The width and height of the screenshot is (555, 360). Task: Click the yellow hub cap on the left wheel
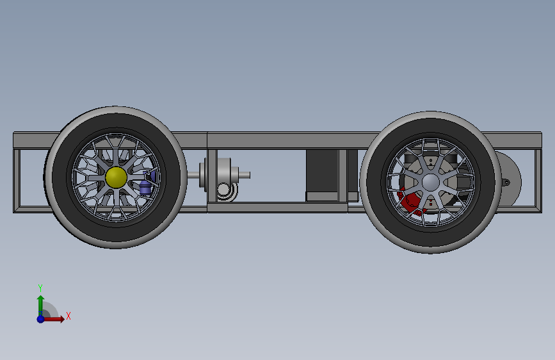116,177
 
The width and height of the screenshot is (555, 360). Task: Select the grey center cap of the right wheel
431,182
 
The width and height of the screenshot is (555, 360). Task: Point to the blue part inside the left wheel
146,184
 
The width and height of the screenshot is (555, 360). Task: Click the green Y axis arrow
40,306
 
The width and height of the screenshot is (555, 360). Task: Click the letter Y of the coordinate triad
40,288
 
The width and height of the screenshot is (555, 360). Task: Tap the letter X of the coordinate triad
68,316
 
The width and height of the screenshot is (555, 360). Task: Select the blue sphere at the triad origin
40,319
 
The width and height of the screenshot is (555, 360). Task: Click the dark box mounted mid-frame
322,176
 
